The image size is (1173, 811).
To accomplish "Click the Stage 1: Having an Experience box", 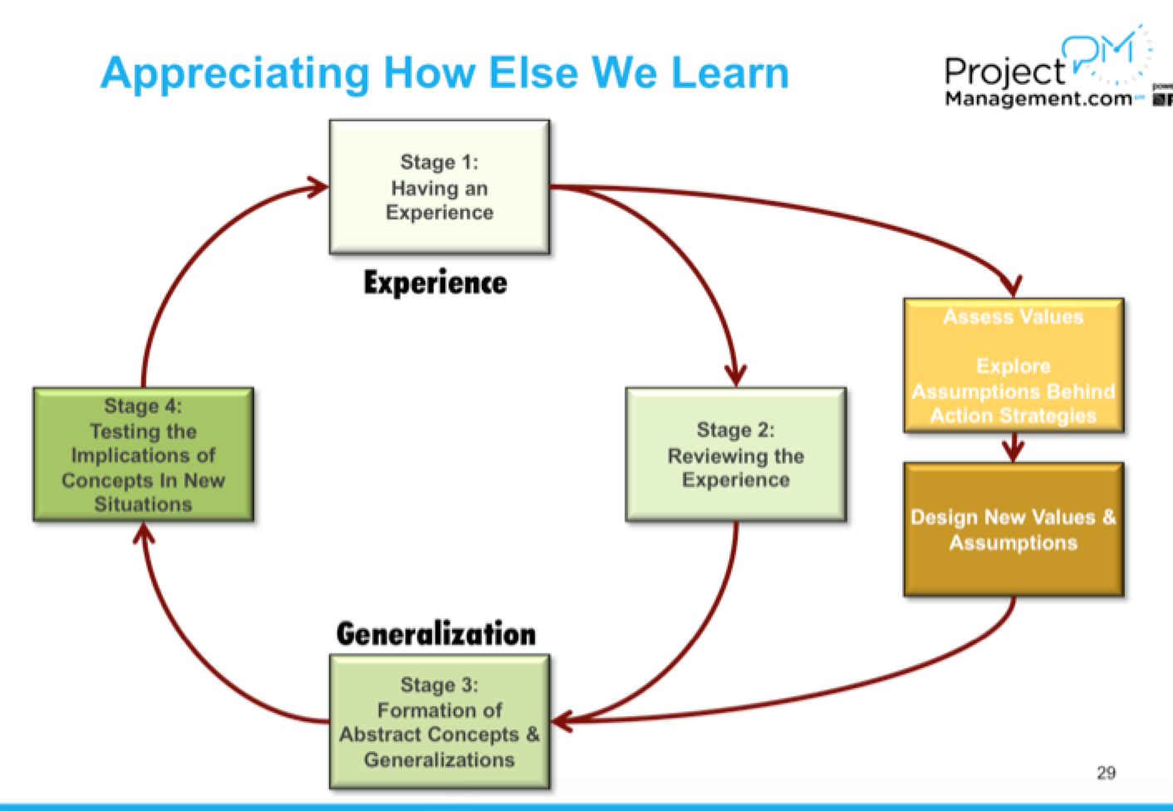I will click(439, 187).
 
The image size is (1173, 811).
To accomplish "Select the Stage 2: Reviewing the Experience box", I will click(735, 455).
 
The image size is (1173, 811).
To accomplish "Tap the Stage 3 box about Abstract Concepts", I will click(439, 721).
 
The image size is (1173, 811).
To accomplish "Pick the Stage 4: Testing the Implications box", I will click(143, 455).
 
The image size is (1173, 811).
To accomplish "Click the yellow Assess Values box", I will click(1013, 366).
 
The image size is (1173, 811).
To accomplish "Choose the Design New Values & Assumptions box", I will click(1013, 529).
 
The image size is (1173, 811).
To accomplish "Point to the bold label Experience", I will click(435, 283).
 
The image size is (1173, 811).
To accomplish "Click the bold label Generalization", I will click(436, 634).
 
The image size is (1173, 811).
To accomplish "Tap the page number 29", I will click(1106, 773).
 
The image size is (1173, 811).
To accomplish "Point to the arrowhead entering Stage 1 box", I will click(318, 187).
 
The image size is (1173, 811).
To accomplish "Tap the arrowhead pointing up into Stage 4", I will click(144, 533).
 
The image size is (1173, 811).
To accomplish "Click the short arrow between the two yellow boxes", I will click(1012, 448).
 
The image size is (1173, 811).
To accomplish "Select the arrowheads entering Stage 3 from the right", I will click(562, 720).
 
